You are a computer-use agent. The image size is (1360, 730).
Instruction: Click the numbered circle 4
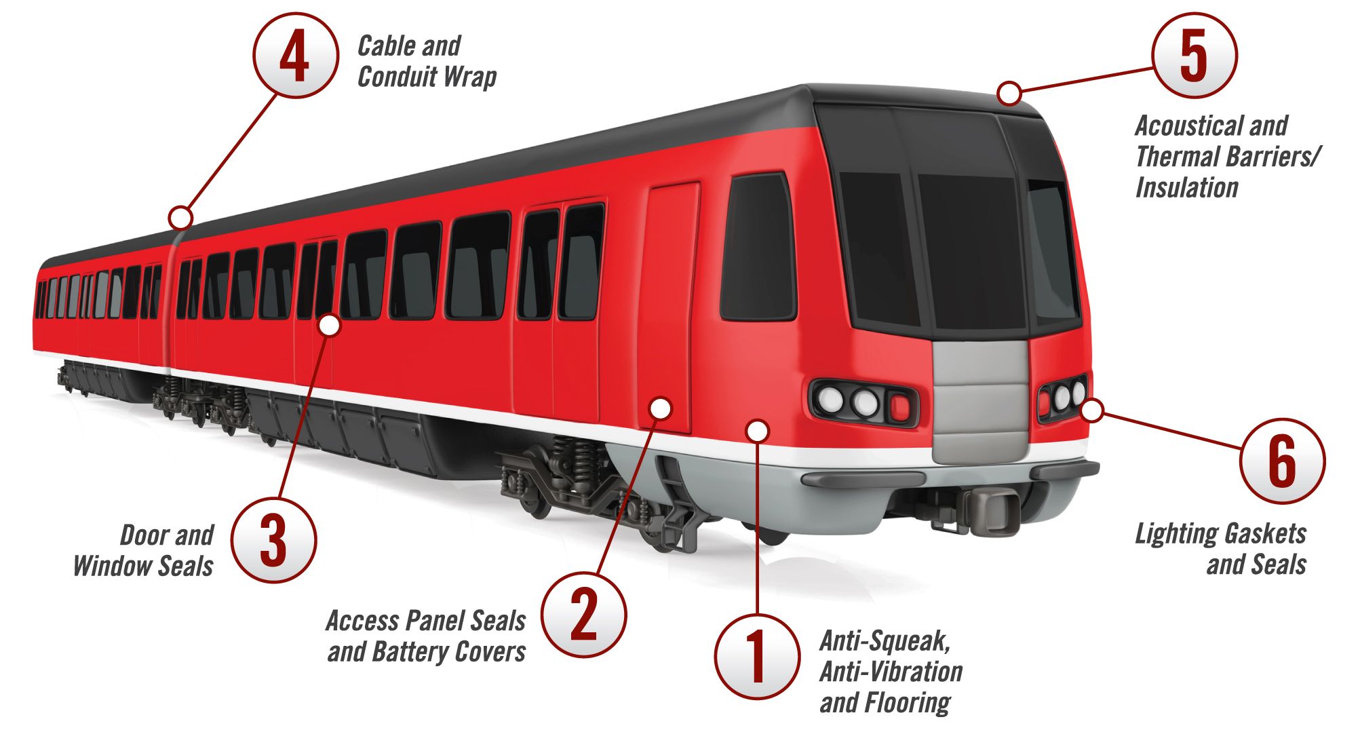click(x=295, y=56)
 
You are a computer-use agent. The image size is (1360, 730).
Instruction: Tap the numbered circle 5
click(x=1194, y=55)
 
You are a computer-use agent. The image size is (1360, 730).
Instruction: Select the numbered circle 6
click(x=1282, y=461)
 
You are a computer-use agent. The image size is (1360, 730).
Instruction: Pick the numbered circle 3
click(x=273, y=540)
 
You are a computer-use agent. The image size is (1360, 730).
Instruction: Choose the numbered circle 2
click(x=584, y=614)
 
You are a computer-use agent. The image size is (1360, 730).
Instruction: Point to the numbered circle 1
click(x=757, y=657)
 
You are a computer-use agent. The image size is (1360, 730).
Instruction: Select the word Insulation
click(x=1186, y=187)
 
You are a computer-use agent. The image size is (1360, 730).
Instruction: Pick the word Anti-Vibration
click(x=891, y=672)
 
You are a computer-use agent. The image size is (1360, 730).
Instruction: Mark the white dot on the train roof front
click(x=1009, y=93)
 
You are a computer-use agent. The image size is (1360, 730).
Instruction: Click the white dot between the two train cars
click(x=180, y=218)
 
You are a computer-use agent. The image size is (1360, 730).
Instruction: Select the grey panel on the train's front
click(x=981, y=400)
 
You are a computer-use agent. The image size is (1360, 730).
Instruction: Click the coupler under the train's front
click(x=992, y=505)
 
